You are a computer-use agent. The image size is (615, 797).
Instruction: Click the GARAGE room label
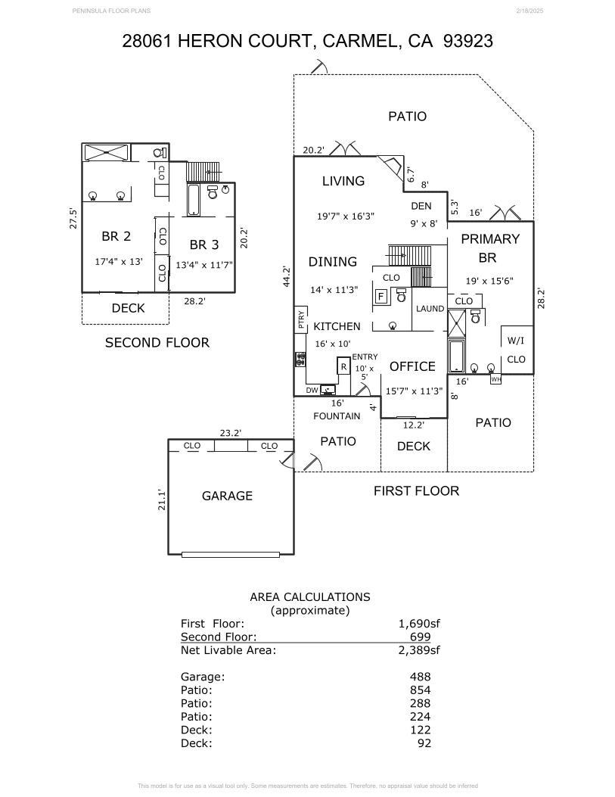click(x=227, y=496)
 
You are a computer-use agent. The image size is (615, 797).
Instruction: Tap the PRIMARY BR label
click(x=489, y=248)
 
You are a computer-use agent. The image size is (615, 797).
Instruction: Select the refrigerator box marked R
click(x=344, y=366)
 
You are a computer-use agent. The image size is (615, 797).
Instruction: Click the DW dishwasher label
click(x=312, y=391)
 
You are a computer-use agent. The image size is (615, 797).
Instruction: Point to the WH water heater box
click(x=495, y=379)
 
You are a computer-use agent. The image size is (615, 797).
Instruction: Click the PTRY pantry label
click(x=300, y=319)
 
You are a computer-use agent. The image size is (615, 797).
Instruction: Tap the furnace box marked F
click(x=381, y=297)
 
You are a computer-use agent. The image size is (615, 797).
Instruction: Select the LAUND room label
click(x=430, y=309)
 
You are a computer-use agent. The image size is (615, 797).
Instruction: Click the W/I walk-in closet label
click(x=516, y=341)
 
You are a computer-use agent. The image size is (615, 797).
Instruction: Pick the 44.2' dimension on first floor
click(x=287, y=276)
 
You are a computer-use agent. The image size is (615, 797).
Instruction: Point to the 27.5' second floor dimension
click(x=73, y=219)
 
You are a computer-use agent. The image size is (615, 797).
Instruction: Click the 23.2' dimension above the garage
click(x=230, y=433)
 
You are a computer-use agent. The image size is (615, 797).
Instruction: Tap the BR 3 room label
click(x=204, y=244)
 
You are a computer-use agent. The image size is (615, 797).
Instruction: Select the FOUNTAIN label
click(x=337, y=416)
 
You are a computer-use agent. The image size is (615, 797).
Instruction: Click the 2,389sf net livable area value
click(x=419, y=649)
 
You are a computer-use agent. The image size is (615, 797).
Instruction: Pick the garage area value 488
click(x=421, y=677)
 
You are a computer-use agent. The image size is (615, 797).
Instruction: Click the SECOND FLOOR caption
click(x=157, y=343)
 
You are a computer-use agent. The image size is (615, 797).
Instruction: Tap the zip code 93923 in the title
click(x=467, y=41)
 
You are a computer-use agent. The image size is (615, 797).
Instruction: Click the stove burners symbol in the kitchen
click(x=300, y=360)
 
